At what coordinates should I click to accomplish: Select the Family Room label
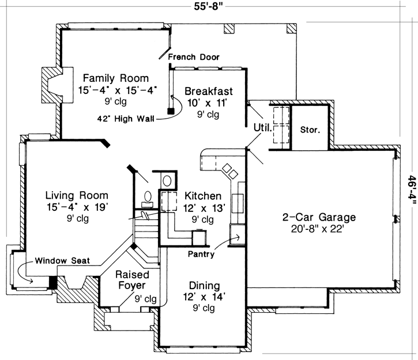pos(115,78)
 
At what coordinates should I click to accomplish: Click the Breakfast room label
pos(209,91)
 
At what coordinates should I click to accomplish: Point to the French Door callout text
pos(194,57)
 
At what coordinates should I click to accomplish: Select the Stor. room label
pos(310,129)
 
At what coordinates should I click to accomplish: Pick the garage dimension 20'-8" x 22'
pos(319,229)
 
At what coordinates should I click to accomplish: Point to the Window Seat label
pos(62,260)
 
